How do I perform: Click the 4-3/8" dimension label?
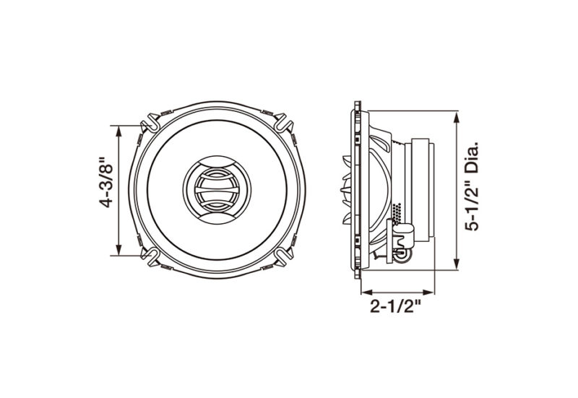(x=106, y=183)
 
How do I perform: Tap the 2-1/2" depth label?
(x=395, y=306)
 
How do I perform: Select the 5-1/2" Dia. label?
(x=473, y=185)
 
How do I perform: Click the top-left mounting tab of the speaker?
(x=151, y=122)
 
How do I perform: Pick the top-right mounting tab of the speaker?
(x=283, y=122)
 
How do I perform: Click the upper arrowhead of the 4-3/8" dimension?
(x=118, y=130)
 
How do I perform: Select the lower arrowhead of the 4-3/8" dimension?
(x=118, y=249)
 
